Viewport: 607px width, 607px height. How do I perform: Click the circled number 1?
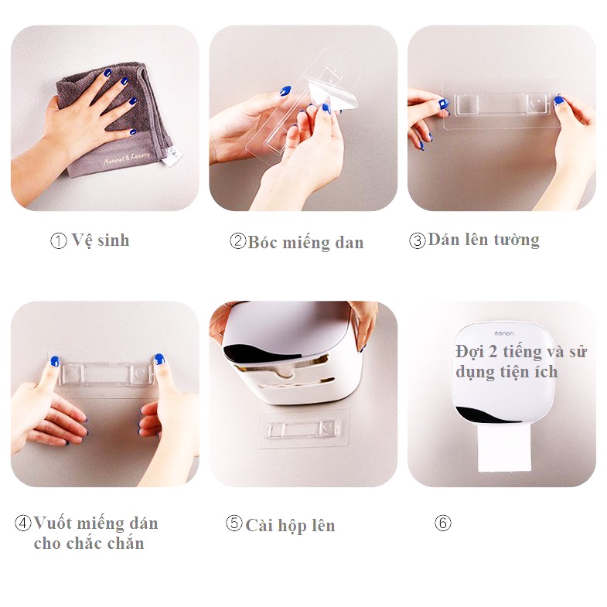(59, 240)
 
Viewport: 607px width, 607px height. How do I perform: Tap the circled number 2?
(237, 240)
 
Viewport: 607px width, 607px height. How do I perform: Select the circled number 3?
(418, 240)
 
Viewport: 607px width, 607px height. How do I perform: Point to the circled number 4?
(23, 523)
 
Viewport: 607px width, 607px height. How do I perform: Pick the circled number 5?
(234, 523)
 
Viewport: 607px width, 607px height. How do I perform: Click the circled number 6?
(443, 523)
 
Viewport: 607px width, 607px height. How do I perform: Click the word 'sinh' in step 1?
(114, 240)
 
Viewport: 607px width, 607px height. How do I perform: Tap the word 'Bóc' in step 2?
(262, 242)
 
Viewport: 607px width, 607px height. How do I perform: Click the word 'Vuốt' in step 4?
(53, 523)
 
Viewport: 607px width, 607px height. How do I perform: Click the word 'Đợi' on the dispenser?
(469, 352)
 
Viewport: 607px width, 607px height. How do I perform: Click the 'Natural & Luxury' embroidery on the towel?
(127, 159)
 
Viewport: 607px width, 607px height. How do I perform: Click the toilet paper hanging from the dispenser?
(504, 448)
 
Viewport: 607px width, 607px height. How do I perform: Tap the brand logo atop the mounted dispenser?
(504, 333)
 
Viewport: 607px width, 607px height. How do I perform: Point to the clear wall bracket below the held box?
(305, 429)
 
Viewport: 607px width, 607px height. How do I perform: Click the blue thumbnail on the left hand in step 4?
(55, 362)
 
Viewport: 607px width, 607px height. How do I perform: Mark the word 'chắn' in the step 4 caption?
(126, 543)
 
